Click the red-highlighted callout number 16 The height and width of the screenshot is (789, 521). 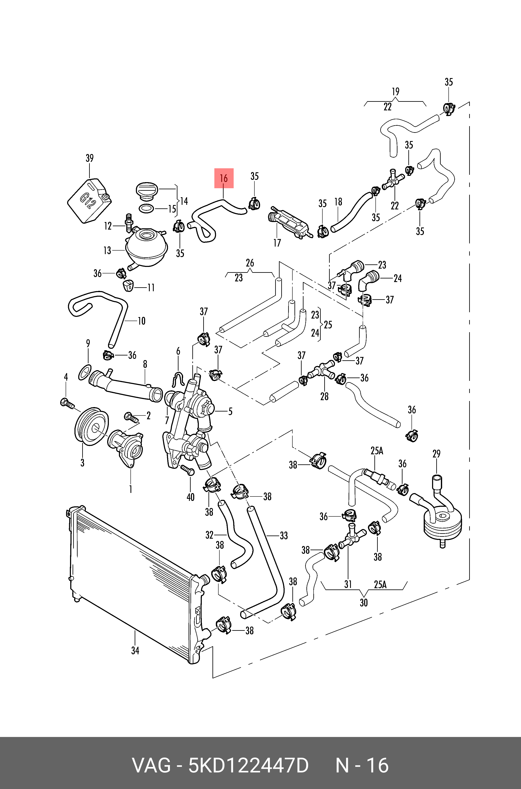point(224,178)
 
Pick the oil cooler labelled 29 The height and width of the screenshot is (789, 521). point(443,523)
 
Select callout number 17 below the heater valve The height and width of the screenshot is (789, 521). point(277,243)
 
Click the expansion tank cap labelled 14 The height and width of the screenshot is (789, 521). point(146,191)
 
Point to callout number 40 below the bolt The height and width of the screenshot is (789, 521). point(190,497)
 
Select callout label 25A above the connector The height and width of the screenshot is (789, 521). point(377,451)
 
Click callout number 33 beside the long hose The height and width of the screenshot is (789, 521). point(283,536)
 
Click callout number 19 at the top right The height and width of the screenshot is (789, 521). point(395,91)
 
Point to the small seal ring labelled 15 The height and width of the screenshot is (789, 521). point(146,209)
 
